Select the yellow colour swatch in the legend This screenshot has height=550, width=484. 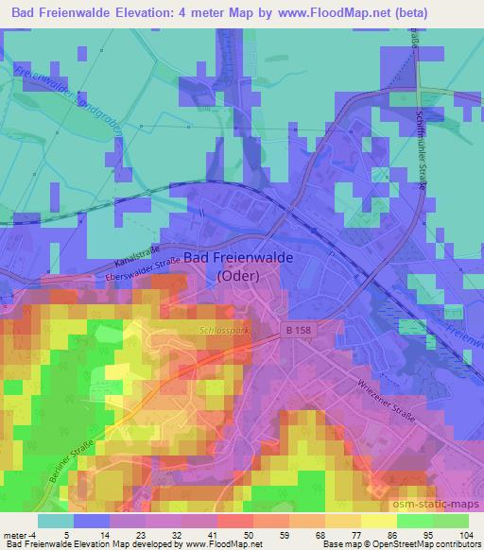(x=378, y=520)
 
